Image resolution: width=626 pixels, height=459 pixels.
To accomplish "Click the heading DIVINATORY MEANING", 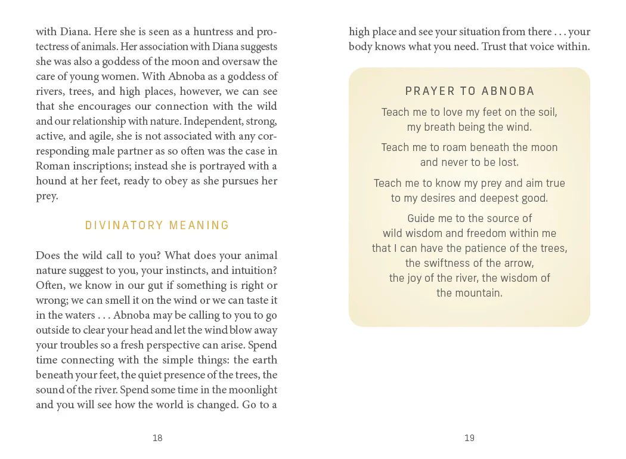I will click(157, 225).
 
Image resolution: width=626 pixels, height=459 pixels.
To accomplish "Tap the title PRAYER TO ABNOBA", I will click(470, 91).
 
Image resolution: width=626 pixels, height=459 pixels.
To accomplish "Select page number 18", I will click(157, 438).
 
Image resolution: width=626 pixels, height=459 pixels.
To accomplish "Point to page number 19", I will click(469, 438).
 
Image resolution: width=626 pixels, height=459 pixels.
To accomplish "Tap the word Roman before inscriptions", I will click(51, 166).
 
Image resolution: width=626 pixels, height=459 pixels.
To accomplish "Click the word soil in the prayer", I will click(547, 112).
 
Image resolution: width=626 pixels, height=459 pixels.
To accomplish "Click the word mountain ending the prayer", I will click(469, 292).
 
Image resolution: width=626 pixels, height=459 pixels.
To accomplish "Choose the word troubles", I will click(79, 345).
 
